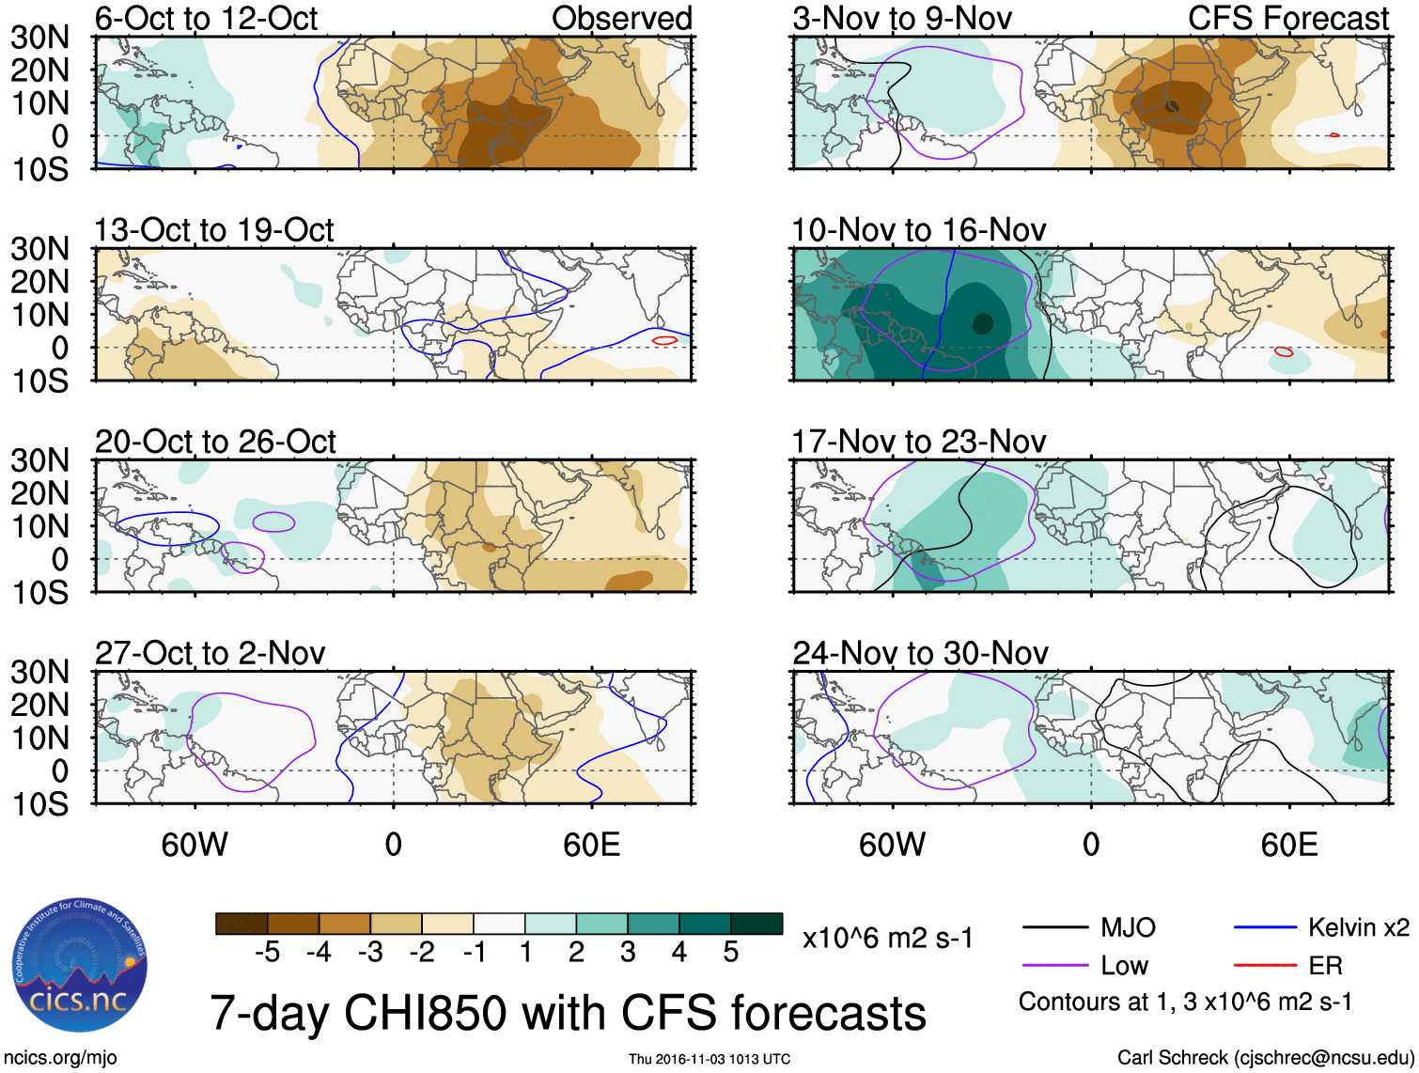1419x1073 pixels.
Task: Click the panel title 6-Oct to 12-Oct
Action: point(206,19)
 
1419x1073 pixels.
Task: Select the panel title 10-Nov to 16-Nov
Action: point(918,230)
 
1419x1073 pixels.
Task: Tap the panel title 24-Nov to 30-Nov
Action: point(919,653)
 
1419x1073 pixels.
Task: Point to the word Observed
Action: point(621,19)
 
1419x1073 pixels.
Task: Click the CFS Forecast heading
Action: point(1287,19)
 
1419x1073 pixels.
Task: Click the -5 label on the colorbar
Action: point(267,953)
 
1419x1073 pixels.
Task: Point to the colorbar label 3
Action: point(628,953)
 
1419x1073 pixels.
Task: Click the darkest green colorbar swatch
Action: point(756,924)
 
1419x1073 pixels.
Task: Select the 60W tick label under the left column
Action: point(195,845)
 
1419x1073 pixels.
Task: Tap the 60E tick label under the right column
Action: point(1288,845)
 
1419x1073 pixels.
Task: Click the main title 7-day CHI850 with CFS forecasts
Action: point(568,1014)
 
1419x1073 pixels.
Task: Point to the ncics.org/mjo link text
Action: point(60,1058)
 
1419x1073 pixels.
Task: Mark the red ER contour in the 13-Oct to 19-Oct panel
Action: point(664,339)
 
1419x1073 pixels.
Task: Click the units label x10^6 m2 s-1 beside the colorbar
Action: point(887,939)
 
